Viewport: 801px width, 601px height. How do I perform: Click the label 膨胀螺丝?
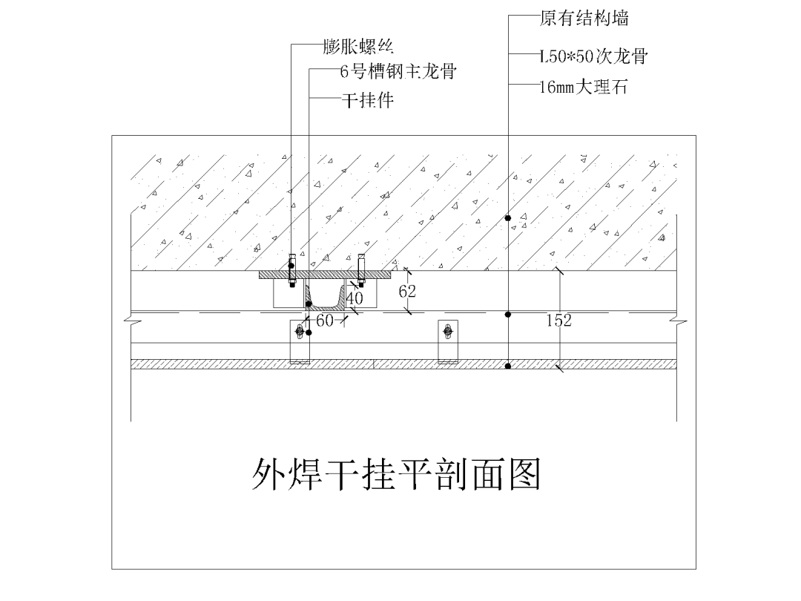click(357, 47)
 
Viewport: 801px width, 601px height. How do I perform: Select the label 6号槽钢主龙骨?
click(397, 72)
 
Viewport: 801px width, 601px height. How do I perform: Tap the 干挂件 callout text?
click(367, 99)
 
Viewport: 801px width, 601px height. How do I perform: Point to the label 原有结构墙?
click(584, 18)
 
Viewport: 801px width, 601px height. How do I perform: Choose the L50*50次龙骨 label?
click(594, 56)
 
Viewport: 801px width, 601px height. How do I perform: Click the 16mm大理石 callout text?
click(584, 87)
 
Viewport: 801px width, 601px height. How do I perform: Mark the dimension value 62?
click(407, 292)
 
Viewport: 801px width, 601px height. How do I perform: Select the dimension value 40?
click(355, 298)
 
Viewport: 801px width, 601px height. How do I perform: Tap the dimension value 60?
click(325, 321)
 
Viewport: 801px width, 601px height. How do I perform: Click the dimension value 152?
click(558, 321)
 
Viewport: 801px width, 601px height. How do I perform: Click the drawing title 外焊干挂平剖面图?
click(396, 474)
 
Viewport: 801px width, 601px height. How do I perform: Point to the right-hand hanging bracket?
click(448, 341)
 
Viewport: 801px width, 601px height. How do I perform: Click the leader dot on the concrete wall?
click(508, 217)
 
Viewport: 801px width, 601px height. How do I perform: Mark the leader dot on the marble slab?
click(508, 366)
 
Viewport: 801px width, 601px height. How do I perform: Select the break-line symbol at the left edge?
click(131, 321)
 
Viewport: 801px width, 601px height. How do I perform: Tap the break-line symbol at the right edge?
click(677, 321)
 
